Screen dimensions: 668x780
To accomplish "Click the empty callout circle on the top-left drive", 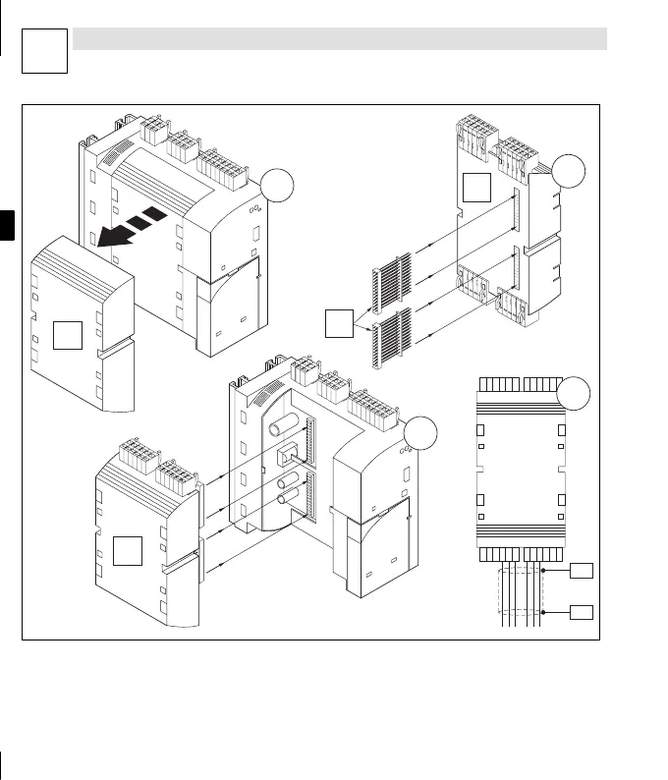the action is pos(278,186).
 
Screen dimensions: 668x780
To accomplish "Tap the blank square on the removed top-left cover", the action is pos(67,335).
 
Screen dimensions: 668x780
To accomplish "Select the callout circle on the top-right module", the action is pos(569,173).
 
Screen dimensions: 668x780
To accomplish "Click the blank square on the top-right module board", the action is pos(477,186).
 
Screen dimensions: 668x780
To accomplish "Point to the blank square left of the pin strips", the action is pos(339,321).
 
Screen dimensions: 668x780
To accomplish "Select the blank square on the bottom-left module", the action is pos(129,551).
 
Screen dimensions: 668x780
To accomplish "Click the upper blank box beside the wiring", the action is pos(582,569).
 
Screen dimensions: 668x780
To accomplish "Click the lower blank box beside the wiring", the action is pos(582,612).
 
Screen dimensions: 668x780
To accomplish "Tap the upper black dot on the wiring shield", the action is pos(542,569).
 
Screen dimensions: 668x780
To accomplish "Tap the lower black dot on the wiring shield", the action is pos(542,612).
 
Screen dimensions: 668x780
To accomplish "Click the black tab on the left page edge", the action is pos(8,223).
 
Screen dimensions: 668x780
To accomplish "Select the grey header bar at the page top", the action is pos(340,38).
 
